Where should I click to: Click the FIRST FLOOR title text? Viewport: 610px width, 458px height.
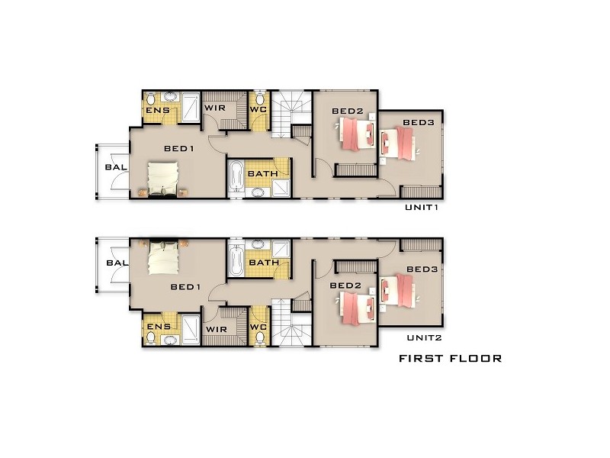pyautogui.click(x=450, y=358)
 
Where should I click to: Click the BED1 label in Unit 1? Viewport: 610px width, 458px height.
pyautogui.click(x=180, y=149)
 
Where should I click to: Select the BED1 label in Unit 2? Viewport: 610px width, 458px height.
pyautogui.click(x=185, y=287)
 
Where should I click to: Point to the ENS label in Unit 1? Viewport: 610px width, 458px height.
pyautogui.click(x=158, y=111)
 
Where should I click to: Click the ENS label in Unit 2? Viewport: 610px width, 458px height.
pyautogui.click(x=158, y=327)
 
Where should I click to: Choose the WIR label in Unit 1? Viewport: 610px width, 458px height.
pyautogui.click(x=213, y=108)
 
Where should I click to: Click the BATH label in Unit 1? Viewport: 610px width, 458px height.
pyautogui.click(x=262, y=174)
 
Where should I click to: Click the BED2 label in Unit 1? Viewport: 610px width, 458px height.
pyautogui.click(x=347, y=111)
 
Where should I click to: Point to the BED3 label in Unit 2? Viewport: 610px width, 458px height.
pyautogui.click(x=421, y=269)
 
